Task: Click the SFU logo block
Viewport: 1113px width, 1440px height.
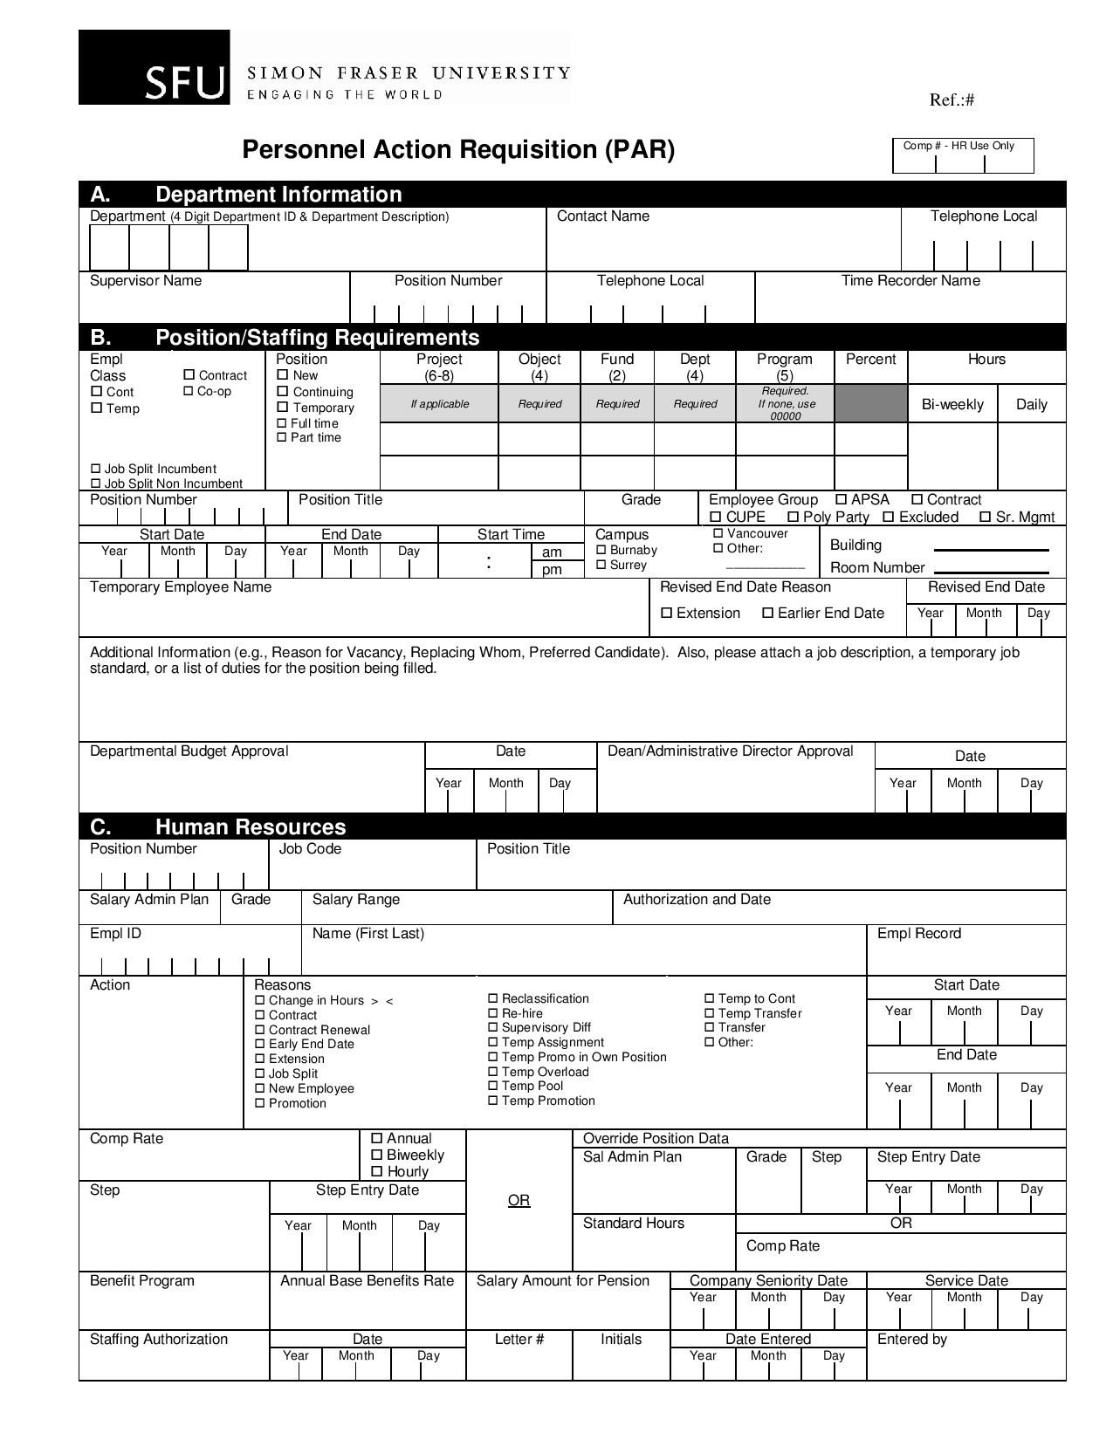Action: (155, 67)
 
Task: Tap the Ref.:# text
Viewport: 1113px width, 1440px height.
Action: (952, 99)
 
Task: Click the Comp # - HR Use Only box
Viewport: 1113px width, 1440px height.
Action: (962, 155)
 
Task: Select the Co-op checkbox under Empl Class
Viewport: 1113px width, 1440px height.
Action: (189, 391)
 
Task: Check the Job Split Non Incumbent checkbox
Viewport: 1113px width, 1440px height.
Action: (96, 483)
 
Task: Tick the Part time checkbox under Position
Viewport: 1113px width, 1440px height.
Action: (282, 437)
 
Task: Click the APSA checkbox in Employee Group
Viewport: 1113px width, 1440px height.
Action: (842, 499)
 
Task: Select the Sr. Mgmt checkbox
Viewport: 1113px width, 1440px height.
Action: (985, 517)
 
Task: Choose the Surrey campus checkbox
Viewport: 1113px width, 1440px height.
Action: (601, 565)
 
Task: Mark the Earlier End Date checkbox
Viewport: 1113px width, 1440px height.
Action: (768, 613)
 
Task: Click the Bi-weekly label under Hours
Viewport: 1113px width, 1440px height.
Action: (952, 404)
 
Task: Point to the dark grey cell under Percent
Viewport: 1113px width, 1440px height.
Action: (870, 403)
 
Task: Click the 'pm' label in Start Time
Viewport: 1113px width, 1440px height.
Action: (552, 570)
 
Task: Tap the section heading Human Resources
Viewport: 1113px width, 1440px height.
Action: (251, 826)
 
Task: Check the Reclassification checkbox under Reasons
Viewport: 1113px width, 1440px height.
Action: (493, 998)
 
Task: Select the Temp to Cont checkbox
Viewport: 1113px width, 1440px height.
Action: (710, 998)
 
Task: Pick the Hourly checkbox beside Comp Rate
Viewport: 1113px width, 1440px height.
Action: (377, 1171)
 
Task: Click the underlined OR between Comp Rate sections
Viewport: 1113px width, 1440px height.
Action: (519, 1201)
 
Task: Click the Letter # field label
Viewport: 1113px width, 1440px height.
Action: (519, 1339)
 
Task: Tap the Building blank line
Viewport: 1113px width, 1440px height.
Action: (991, 550)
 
